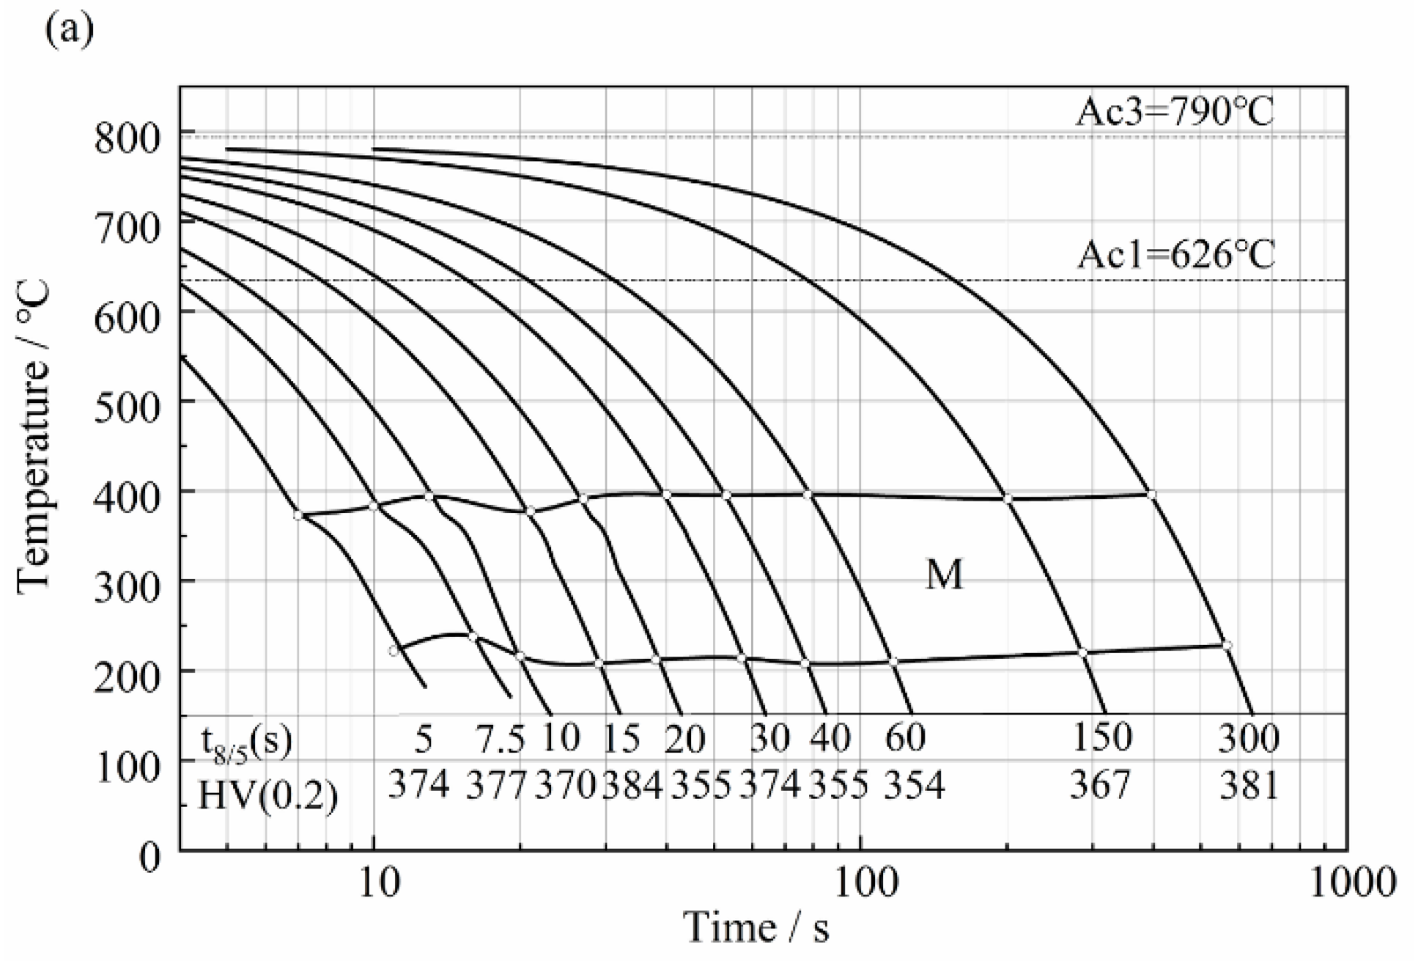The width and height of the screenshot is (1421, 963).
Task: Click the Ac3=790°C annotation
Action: [1174, 112]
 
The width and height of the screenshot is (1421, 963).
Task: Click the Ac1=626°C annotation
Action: [1175, 255]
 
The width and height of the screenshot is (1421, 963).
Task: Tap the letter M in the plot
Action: [944, 575]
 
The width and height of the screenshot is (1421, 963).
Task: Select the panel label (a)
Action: [70, 30]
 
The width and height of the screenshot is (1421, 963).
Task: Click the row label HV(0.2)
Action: [267, 794]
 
